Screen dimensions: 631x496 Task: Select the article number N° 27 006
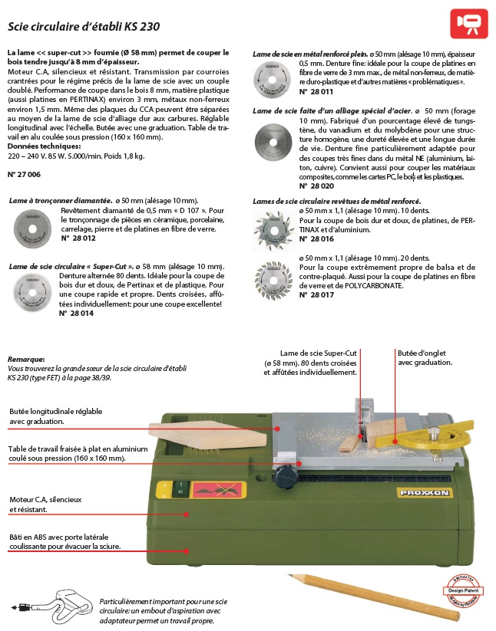coord(24,176)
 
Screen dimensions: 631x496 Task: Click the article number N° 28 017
coord(316,294)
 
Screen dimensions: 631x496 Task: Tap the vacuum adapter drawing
coord(57,606)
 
